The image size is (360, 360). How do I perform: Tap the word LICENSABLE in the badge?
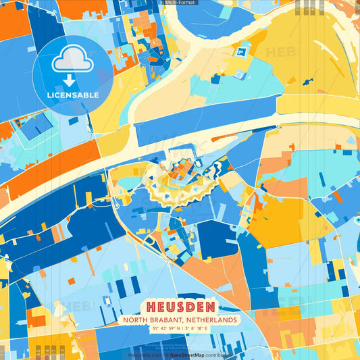coord(73,95)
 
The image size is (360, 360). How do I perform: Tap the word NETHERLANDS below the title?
coord(213,320)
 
